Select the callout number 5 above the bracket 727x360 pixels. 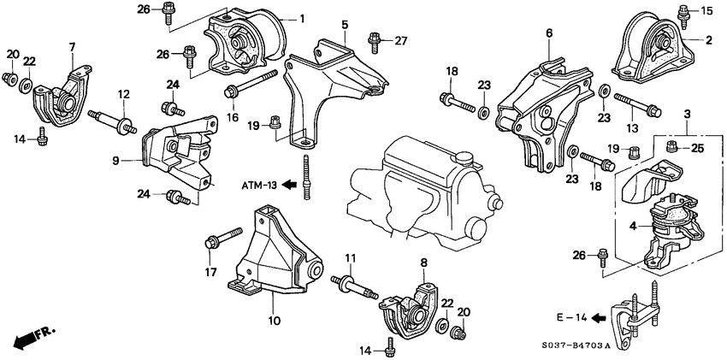click(345, 26)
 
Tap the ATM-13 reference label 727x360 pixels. click(258, 184)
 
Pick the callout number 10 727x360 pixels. click(275, 322)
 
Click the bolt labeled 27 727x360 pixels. click(374, 38)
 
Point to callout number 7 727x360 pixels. click(72, 46)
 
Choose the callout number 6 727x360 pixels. click(548, 33)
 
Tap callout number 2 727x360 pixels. click(708, 39)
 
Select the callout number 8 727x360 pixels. click(423, 263)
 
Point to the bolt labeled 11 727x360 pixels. click(358, 284)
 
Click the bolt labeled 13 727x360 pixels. click(638, 109)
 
